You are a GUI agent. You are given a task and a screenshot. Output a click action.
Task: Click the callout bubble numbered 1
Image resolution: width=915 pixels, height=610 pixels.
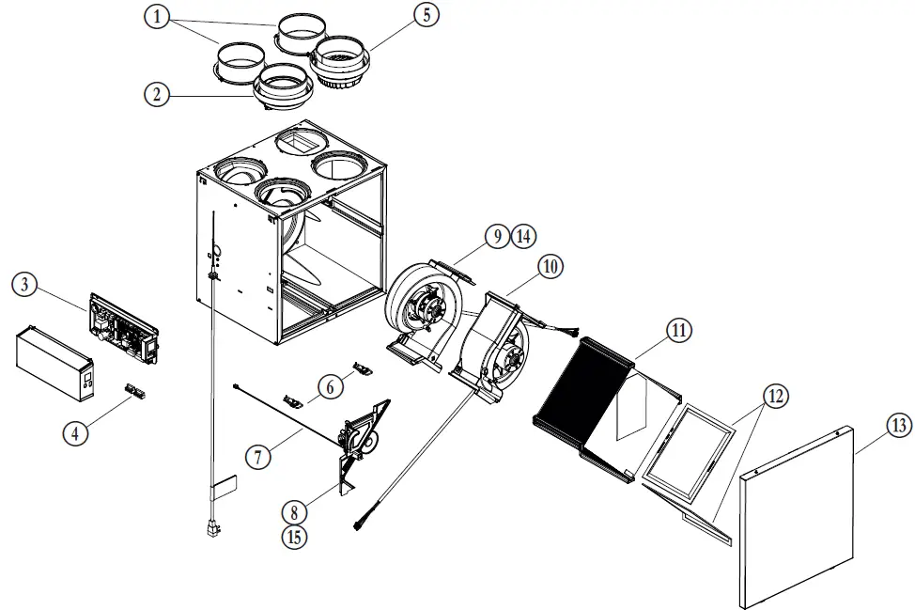pos(158,17)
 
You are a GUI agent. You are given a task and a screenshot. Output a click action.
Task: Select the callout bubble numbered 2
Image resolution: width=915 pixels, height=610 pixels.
pos(157,93)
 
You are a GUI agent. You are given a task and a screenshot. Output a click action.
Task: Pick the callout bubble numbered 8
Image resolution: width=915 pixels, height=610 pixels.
pos(295,511)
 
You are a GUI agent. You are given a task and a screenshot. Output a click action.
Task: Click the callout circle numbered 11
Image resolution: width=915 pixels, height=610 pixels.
pos(678,330)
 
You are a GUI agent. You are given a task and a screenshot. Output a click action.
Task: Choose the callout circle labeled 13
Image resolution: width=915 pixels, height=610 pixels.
pos(898,426)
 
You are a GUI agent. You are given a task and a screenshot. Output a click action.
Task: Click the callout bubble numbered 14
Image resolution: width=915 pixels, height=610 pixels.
pos(523,236)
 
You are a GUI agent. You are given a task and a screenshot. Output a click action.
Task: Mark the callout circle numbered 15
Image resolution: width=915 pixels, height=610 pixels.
pos(295,537)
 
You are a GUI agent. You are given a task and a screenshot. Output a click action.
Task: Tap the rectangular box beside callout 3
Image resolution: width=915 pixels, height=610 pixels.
pos(55,362)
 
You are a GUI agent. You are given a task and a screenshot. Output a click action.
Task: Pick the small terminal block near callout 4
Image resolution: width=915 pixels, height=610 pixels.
pos(135,389)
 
